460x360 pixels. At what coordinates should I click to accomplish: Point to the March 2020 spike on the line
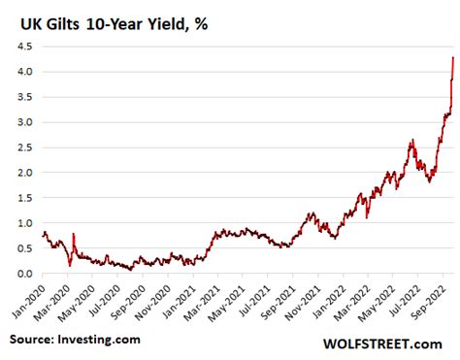(x=74, y=234)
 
